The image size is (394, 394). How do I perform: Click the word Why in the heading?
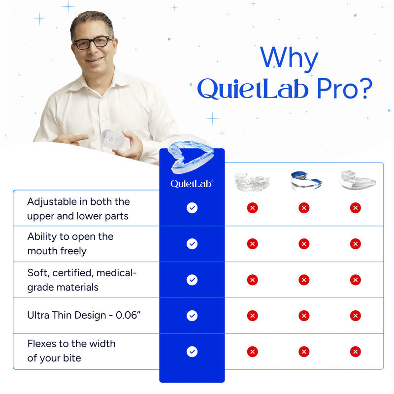pyautogui.click(x=289, y=59)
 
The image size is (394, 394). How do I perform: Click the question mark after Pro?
pyautogui.click(x=362, y=89)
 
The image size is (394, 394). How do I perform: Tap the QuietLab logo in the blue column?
pyautogui.click(x=192, y=183)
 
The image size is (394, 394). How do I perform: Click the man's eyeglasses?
pyautogui.click(x=93, y=42)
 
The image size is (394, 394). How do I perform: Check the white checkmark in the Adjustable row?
pyautogui.click(x=192, y=208)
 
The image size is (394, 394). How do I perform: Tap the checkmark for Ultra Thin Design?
pyautogui.click(x=192, y=315)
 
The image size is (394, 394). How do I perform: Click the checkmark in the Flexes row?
pyautogui.click(x=192, y=351)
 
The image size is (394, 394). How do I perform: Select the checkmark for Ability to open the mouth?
pyautogui.click(x=192, y=243)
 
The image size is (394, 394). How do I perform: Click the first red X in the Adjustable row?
pyautogui.click(x=253, y=208)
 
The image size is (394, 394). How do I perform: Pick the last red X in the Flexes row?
pyautogui.click(x=355, y=351)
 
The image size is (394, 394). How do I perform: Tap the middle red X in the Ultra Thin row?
pyautogui.click(x=304, y=315)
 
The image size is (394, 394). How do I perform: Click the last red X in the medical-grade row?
pyautogui.click(x=355, y=280)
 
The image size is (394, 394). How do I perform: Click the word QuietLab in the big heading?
pyautogui.click(x=248, y=89)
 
